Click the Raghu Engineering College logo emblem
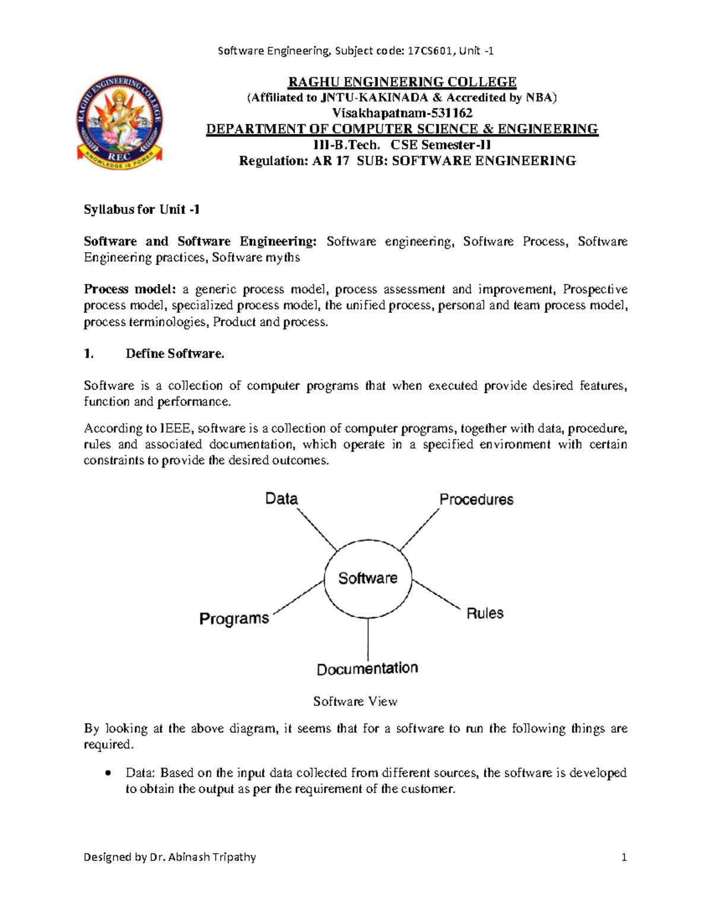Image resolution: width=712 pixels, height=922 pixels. pyautogui.click(x=119, y=122)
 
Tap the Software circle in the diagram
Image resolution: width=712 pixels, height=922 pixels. pyautogui.click(x=368, y=579)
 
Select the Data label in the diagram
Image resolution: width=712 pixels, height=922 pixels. pyautogui.click(x=281, y=499)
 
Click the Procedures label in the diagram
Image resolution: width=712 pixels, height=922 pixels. pyautogui.click(x=476, y=500)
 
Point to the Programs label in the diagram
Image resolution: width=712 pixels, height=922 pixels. pyautogui.click(x=234, y=619)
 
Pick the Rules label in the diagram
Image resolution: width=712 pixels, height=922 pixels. pyautogui.click(x=485, y=613)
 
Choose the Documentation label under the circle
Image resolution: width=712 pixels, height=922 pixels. pyautogui.click(x=367, y=669)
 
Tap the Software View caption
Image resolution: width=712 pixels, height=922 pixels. pyautogui.click(x=355, y=702)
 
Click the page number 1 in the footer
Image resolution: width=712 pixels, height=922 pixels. pyautogui.click(x=624, y=857)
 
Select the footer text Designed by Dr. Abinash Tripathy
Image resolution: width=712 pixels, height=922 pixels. pyautogui.click(x=170, y=857)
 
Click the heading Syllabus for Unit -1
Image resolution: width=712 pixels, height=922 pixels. pyautogui.click(x=141, y=209)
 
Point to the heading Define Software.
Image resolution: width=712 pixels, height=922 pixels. pyautogui.click(x=175, y=354)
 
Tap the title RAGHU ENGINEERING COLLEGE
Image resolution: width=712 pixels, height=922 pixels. pyautogui.click(x=402, y=82)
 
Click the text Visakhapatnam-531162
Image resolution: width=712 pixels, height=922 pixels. pyautogui.click(x=402, y=113)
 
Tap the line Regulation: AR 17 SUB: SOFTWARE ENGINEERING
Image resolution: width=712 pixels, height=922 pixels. pyautogui.click(x=407, y=161)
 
